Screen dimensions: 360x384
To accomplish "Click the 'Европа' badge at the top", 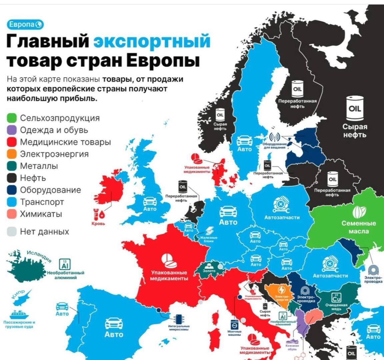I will tap(25, 25).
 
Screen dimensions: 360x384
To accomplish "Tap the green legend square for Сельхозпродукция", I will tap(12, 118).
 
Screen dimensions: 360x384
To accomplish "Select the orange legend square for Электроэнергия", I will tap(12, 154).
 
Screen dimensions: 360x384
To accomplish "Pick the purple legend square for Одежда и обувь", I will tap(12, 130).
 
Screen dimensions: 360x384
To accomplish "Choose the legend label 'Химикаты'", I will tap(41, 214).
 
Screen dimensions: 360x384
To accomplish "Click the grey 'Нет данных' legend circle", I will tap(12, 232).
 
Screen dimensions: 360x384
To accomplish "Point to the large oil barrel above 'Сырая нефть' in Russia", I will tap(355, 108).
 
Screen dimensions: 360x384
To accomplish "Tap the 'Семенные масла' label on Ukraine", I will tap(359, 227).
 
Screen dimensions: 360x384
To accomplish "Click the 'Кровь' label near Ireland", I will tap(98, 224).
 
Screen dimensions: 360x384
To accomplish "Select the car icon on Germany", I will tap(228, 211).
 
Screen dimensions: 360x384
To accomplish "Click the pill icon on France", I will tap(169, 261).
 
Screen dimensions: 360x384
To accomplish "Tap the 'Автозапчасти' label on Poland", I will tap(282, 217).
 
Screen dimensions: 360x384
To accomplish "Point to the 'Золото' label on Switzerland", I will tap(209, 271).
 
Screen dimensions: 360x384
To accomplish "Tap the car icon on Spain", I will tap(114, 323).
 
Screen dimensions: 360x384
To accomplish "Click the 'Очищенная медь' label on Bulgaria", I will tap(336, 307).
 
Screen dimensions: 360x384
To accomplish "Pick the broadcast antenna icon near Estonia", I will tap(274, 137).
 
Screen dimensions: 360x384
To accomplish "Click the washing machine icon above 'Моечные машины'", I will tap(234, 324).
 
